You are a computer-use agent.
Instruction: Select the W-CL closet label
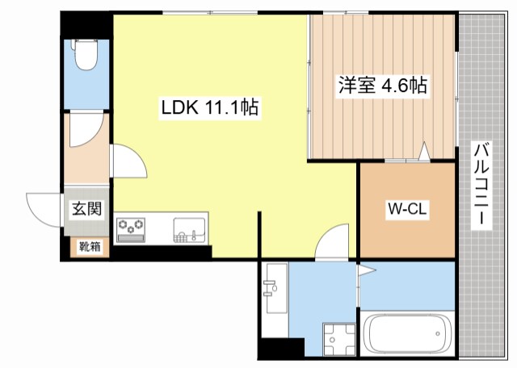click(407, 210)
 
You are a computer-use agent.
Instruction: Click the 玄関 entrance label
click(87, 210)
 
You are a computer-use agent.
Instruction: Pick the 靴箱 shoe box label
click(89, 247)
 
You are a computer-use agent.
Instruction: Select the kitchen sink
click(191, 230)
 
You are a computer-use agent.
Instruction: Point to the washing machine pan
click(337, 339)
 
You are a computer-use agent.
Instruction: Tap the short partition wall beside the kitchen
click(259, 233)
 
